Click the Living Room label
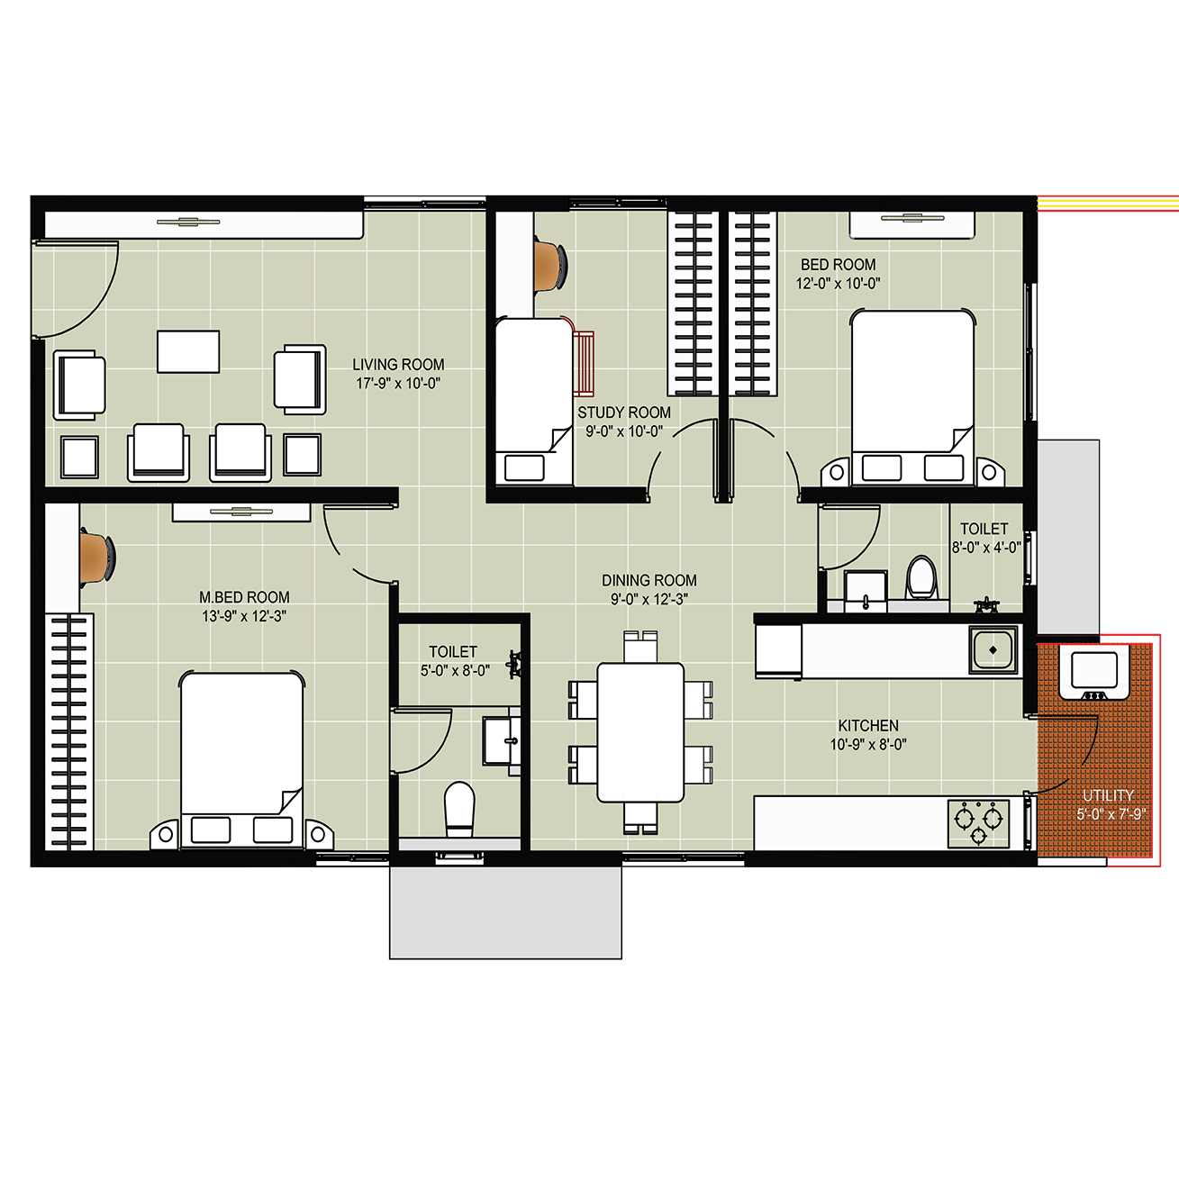click(x=398, y=365)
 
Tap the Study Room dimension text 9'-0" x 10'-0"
click(x=624, y=431)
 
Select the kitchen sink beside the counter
click(x=993, y=649)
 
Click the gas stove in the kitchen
click(x=978, y=823)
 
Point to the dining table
click(x=640, y=731)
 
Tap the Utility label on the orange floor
click(x=1108, y=795)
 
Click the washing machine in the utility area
click(x=1094, y=674)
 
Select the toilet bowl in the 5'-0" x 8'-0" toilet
click(x=458, y=809)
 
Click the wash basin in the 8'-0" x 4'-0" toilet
click(x=866, y=591)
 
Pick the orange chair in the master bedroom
click(x=96, y=557)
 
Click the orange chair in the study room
click(x=550, y=264)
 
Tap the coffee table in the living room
click(x=188, y=352)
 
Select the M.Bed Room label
click(x=244, y=597)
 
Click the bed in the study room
click(x=534, y=402)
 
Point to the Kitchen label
click(x=868, y=726)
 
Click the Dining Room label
click(x=649, y=580)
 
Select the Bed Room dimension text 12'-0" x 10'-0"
click(x=839, y=284)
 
